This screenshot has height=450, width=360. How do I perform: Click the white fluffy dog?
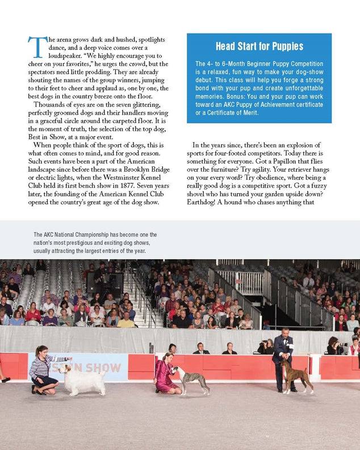click(84, 379)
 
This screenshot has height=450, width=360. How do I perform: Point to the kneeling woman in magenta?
click(166, 372)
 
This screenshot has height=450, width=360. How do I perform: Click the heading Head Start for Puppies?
click(259, 47)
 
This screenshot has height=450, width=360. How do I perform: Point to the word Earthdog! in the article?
click(206, 203)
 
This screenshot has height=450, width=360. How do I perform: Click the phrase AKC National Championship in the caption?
click(79, 235)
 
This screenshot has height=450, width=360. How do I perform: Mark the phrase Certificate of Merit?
click(233, 113)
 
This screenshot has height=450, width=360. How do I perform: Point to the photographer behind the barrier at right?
click(333, 345)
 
